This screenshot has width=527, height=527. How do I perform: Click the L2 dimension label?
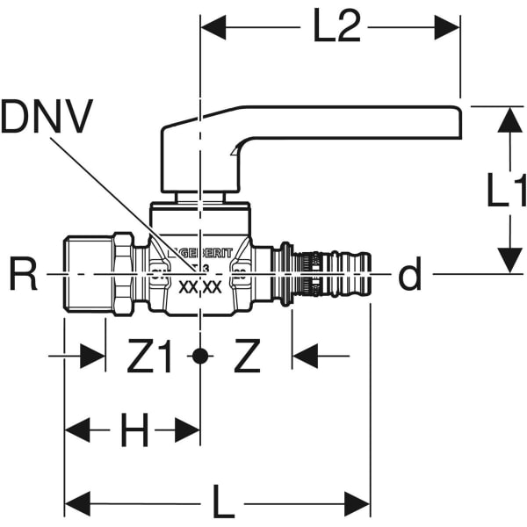tap(336, 29)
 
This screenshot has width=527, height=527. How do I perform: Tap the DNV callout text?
tap(47, 117)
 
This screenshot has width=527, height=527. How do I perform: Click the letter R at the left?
tap(25, 276)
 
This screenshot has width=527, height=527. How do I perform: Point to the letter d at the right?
tap(409, 276)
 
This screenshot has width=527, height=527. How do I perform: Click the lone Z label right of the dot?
tap(249, 357)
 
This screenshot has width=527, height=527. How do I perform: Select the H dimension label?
tap(134, 430)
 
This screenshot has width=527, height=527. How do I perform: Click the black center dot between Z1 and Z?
tap(201, 357)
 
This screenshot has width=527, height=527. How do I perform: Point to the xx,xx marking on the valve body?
tap(199, 286)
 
